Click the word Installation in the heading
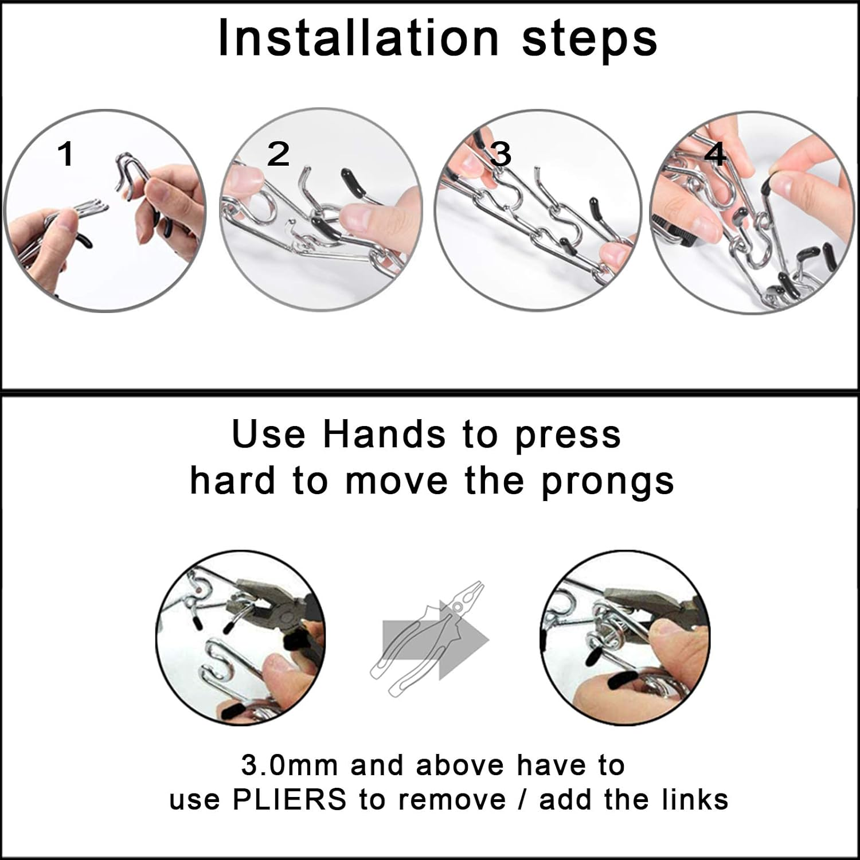coord(359,38)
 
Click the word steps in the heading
coord(589,40)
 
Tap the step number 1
coord(67,154)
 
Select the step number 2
coord(279,154)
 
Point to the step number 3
coord(501,154)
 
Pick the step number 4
coord(715,154)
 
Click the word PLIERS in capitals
coord(290,799)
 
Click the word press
coord(568,437)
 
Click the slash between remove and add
coord(523,800)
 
